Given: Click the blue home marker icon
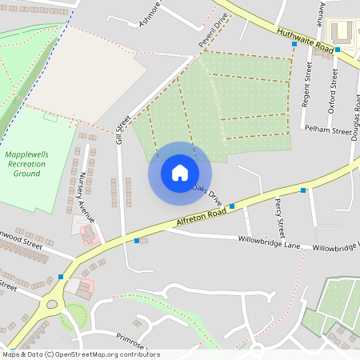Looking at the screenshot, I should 180,173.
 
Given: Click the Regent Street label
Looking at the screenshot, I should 307,84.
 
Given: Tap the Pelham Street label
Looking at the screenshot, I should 330,130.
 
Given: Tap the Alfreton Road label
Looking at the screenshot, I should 194,222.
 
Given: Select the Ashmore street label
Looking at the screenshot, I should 150,14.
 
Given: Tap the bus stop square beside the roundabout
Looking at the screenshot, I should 61,277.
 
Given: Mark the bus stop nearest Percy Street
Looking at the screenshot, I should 303,190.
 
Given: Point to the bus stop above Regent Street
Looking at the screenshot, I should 294,44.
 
